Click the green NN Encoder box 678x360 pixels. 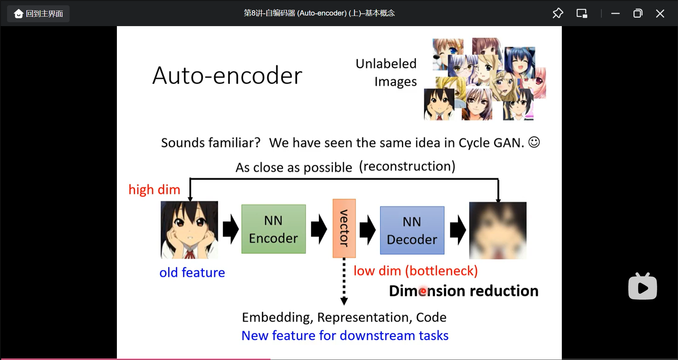(273, 229)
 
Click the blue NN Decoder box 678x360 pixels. (412, 230)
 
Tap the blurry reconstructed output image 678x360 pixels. (498, 230)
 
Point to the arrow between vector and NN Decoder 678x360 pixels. (368, 230)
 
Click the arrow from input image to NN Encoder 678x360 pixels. (231, 229)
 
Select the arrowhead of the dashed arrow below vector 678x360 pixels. (344, 301)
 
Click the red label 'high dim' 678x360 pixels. (154, 190)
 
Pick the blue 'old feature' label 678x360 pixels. (192, 272)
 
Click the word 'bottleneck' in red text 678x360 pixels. (441, 271)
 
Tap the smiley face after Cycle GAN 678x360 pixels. (534, 142)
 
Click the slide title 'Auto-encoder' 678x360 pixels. (227, 76)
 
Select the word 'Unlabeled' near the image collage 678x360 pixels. (386, 64)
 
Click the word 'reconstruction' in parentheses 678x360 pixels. (407, 166)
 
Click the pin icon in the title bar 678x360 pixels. (558, 13)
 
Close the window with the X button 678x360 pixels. (660, 13)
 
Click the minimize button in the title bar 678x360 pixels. (615, 13)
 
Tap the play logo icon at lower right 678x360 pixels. (642, 287)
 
